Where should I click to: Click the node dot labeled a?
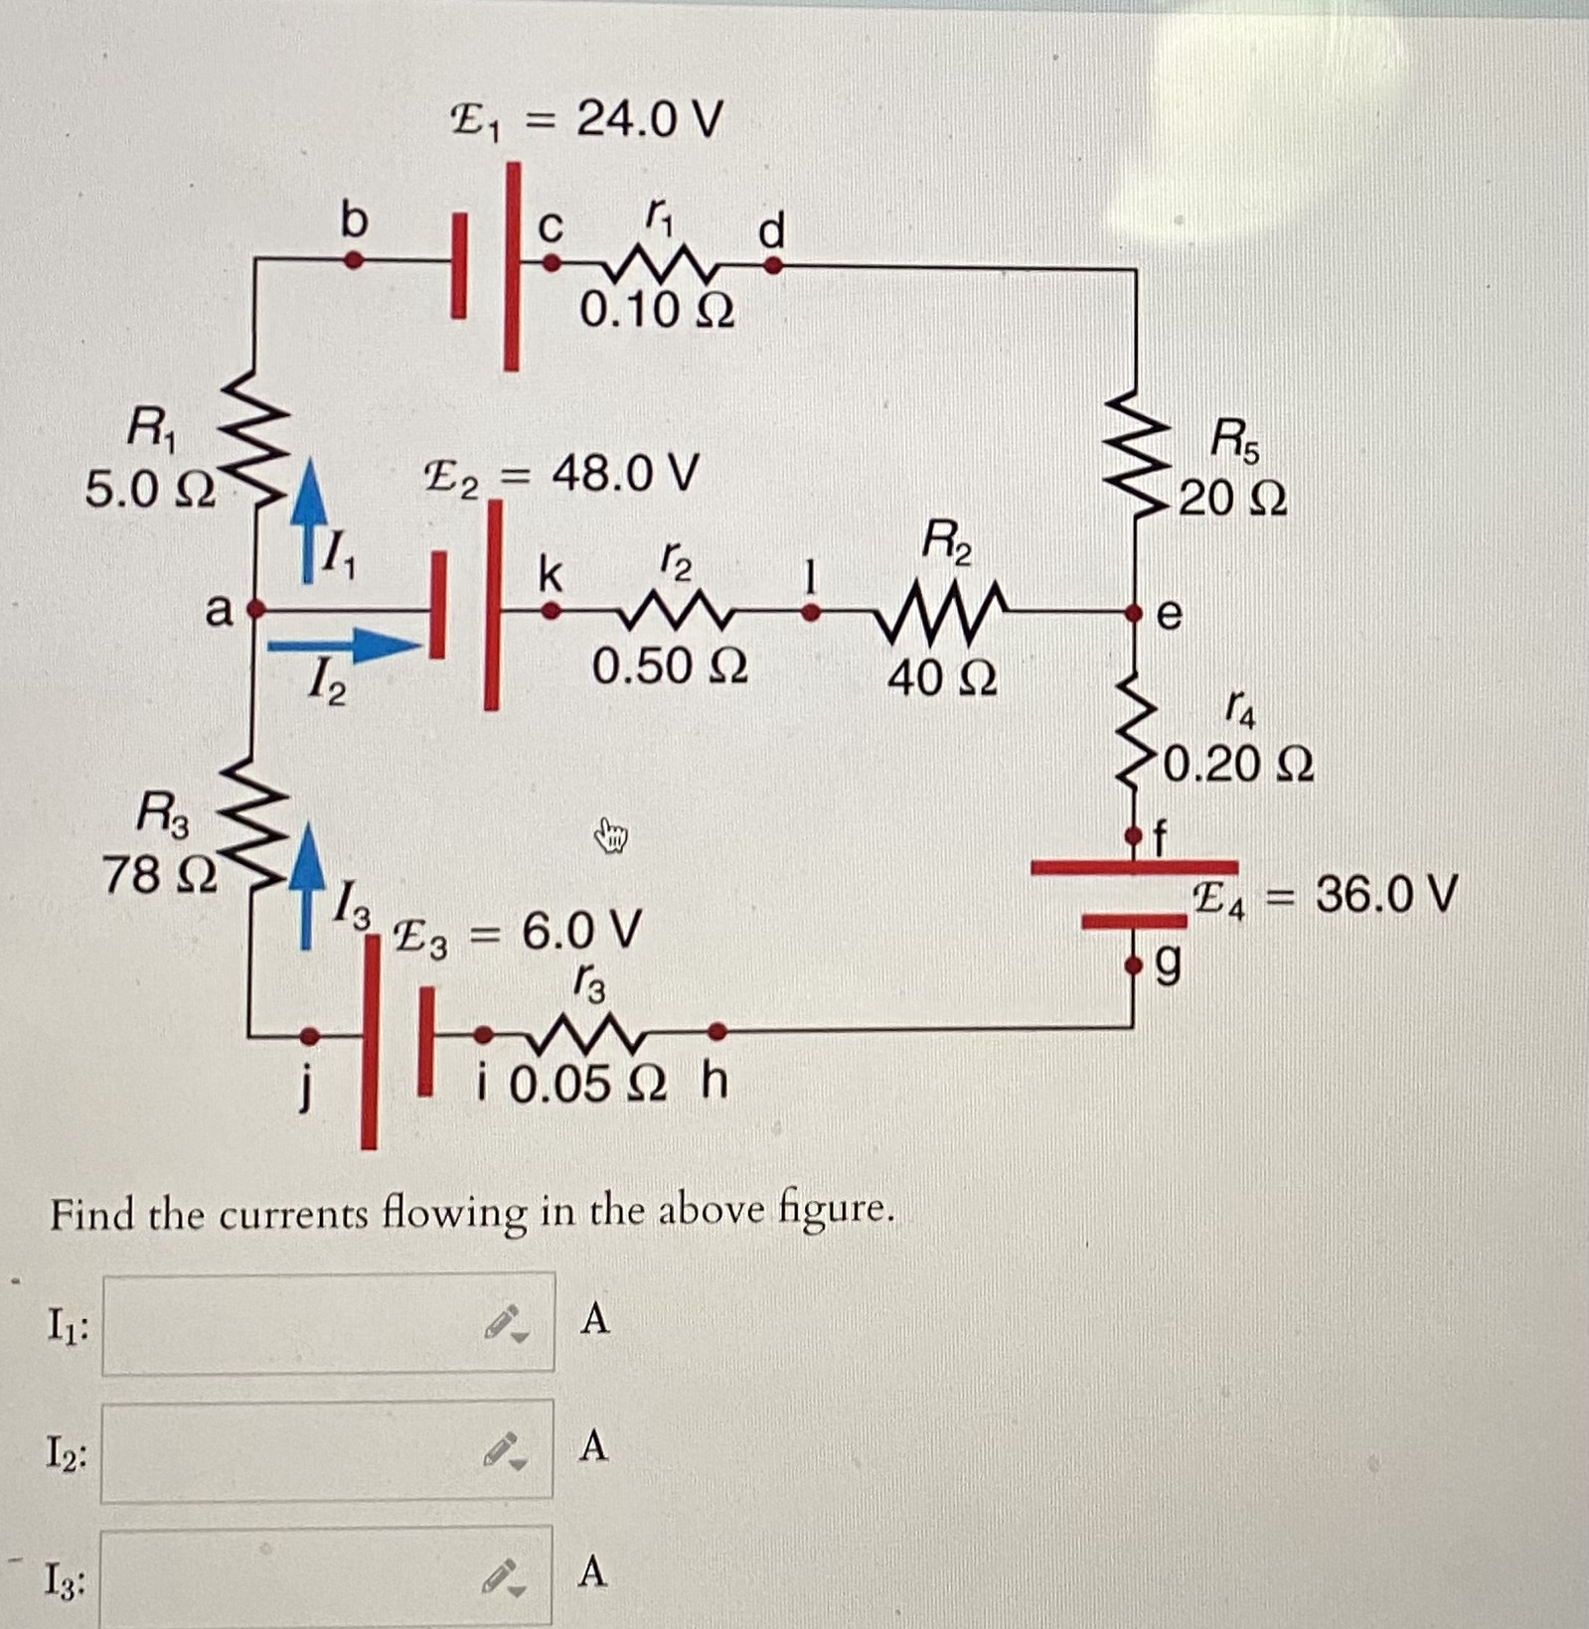pyautogui.click(x=254, y=608)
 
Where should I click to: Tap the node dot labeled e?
pyautogui.click(x=1134, y=614)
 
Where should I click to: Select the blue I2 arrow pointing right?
pyautogui.click(x=343, y=647)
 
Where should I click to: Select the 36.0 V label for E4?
pyautogui.click(x=1386, y=894)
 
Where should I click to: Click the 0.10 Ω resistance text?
pyautogui.click(x=657, y=311)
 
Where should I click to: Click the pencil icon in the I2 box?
pyautogui.click(x=502, y=1449)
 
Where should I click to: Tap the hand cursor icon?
pyautogui.click(x=612, y=836)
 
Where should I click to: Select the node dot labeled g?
pyautogui.click(x=1134, y=964)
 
